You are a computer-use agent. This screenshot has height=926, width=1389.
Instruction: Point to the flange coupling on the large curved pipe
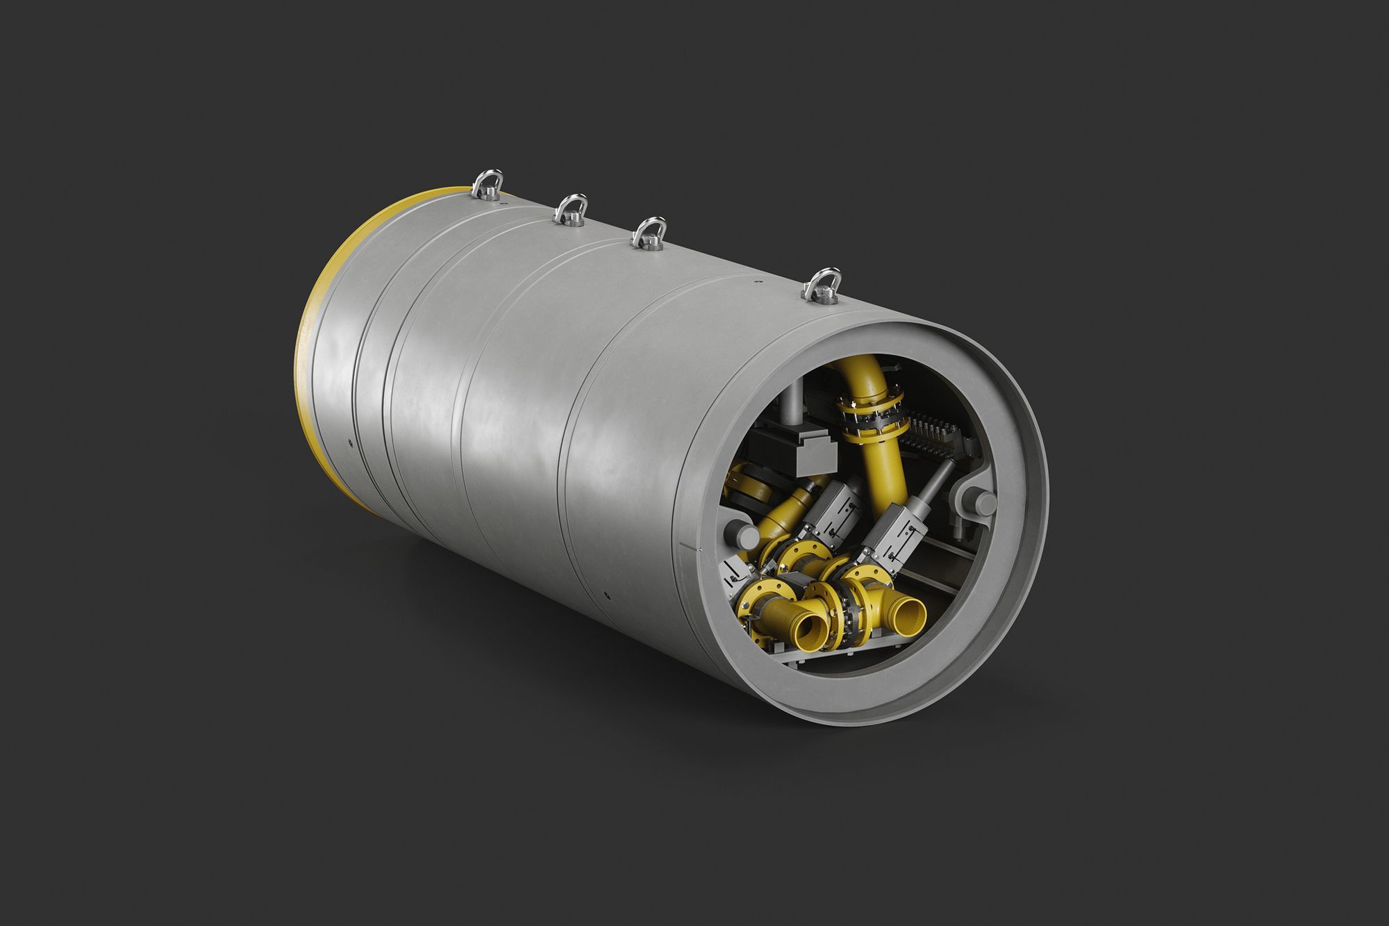pos(868,415)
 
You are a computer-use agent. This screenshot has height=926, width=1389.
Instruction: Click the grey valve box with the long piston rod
pos(893,539)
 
